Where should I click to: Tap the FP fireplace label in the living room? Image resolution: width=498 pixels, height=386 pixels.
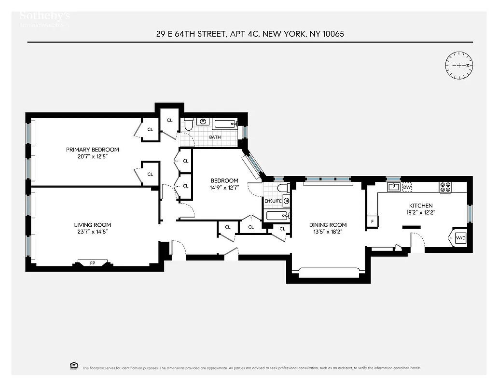coord(93,263)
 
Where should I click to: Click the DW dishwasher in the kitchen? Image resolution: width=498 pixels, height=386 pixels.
coord(407,187)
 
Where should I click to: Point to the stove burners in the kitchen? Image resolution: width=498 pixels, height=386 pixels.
coord(445,187)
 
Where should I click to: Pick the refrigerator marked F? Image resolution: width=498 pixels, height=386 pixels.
coord(372,221)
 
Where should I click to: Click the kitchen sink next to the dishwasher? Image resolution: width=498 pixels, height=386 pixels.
coord(393,187)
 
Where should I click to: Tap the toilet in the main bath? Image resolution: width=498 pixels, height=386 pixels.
coord(189,124)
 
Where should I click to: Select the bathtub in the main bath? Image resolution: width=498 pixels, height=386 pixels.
coord(225,124)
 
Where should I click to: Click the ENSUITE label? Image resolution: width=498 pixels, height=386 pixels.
coord(273,201)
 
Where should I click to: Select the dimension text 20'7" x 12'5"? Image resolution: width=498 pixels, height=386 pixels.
coord(92,156)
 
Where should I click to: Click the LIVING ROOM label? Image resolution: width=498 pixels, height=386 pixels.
coord(92,225)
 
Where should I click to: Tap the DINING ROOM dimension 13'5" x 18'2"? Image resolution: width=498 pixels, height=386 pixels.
coord(328,232)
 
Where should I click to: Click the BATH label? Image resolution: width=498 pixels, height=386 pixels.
coord(215,137)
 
